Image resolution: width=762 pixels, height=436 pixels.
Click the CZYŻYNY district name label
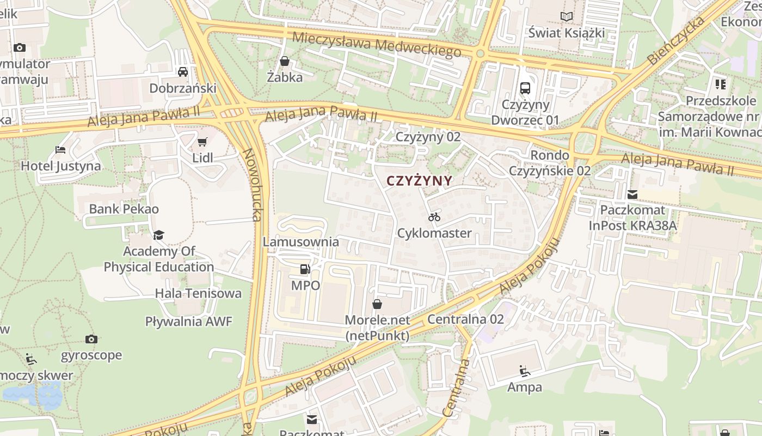(x=419, y=181)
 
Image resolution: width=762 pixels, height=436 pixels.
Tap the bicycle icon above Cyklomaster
(x=434, y=217)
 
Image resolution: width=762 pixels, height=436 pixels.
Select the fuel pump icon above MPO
(x=305, y=269)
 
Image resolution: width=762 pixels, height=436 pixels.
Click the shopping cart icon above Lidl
(x=202, y=142)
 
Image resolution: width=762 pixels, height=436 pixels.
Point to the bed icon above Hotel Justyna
(x=60, y=150)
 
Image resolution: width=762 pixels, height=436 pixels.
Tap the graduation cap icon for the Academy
(x=158, y=235)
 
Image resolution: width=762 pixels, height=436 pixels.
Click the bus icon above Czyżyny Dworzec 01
(x=525, y=88)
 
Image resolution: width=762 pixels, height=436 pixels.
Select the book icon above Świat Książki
(x=567, y=17)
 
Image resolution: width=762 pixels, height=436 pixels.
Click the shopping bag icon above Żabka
(x=284, y=61)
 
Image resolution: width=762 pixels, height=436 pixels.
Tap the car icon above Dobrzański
(x=183, y=72)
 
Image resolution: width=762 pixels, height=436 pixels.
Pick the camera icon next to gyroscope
(x=91, y=339)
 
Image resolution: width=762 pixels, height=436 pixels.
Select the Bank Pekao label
(x=124, y=209)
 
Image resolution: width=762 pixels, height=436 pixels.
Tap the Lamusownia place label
(x=301, y=241)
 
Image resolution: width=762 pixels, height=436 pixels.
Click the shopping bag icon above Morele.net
(x=377, y=304)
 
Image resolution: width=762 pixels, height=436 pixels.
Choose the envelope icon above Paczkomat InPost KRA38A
(x=632, y=194)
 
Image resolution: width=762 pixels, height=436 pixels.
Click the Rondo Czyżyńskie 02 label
(x=550, y=163)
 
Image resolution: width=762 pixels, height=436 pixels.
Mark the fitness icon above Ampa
(x=525, y=371)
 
